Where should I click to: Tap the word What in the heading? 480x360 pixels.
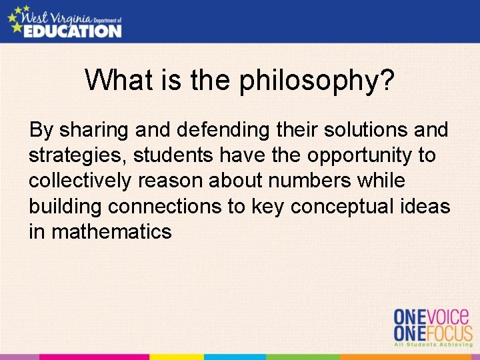pos(117,81)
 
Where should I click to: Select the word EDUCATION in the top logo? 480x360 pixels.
pos(72,31)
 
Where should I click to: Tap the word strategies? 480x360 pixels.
pos(77,156)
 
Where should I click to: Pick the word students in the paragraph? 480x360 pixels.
pos(175,155)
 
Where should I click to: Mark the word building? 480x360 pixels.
pos(65,207)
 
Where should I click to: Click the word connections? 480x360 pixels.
pos(167,207)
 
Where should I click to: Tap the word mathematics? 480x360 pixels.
pos(111,232)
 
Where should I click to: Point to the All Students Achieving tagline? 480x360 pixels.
pos(433,344)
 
